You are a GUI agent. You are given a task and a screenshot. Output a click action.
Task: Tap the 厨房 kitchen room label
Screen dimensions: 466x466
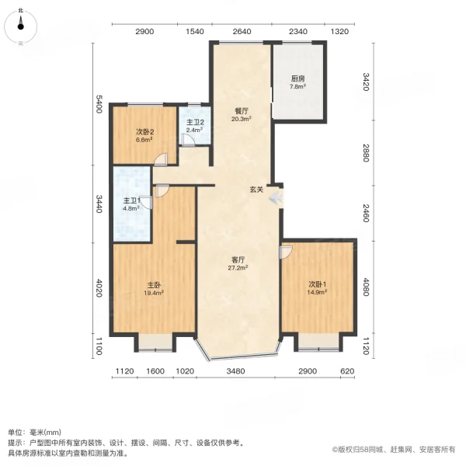[297, 78]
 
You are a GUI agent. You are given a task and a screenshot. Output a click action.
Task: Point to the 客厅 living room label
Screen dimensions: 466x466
[237, 259]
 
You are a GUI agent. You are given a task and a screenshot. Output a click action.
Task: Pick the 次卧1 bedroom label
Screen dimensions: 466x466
[316, 284]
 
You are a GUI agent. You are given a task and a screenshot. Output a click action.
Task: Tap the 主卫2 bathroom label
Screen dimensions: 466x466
[195, 122]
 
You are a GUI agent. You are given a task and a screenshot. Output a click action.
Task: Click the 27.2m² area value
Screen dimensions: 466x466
[237, 268]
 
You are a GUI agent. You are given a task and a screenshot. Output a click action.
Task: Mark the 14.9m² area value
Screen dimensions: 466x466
[316, 293]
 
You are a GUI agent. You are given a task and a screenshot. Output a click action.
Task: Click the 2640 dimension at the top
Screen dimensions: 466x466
[242, 32]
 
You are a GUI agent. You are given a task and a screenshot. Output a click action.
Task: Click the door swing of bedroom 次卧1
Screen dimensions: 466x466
[286, 251]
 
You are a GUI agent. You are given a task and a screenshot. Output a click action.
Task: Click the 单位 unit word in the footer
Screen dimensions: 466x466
[16, 432]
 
